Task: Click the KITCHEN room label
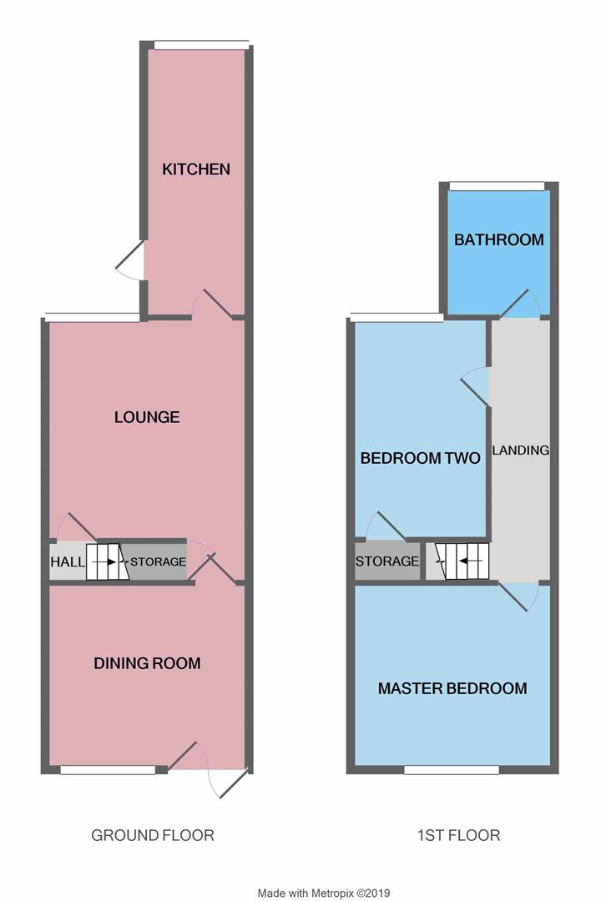(196, 169)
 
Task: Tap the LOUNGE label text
(147, 417)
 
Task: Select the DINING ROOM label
(147, 664)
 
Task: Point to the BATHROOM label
(498, 240)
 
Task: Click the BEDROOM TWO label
(420, 458)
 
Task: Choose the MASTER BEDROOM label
(452, 689)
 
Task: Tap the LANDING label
(520, 450)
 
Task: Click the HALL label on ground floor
(68, 562)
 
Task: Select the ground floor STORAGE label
(158, 562)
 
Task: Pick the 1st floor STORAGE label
(387, 561)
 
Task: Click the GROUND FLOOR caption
(153, 835)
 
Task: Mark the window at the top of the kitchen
(200, 45)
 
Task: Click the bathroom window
(497, 186)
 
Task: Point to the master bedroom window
(452, 770)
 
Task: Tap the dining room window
(108, 770)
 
